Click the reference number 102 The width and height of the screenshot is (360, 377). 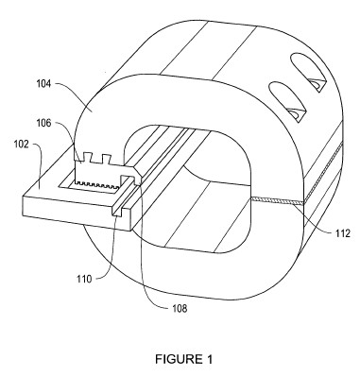tap(22, 145)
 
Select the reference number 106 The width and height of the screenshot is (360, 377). tap(44, 123)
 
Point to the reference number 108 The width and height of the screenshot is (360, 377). tap(180, 308)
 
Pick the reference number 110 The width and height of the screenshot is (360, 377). tap(85, 279)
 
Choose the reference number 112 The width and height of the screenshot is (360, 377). tap(342, 233)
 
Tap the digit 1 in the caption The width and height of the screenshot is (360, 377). tap(210, 359)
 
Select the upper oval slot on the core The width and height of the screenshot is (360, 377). tap(308, 72)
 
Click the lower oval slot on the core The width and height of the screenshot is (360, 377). tap(287, 101)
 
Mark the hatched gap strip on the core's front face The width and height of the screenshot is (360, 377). tap(277, 201)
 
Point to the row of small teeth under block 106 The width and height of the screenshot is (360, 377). tap(97, 183)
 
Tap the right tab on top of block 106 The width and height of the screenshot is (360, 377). tap(106, 158)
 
